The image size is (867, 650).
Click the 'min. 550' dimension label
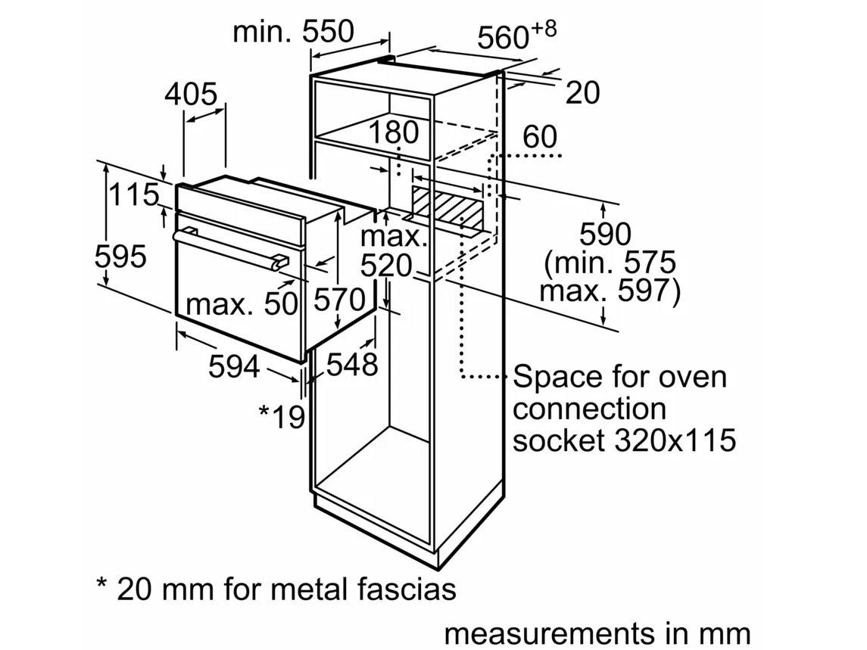pos(293,32)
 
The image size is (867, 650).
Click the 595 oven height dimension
pos(120,257)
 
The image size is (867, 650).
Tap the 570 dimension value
pos(340,301)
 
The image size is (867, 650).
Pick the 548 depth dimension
pos(351,365)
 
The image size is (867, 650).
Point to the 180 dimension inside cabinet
pos(394,132)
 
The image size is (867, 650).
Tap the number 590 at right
pos(604,235)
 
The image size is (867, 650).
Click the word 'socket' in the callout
pos(554,440)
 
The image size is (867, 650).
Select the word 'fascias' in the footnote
pos(402,588)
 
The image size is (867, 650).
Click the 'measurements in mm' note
pos(597,633)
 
